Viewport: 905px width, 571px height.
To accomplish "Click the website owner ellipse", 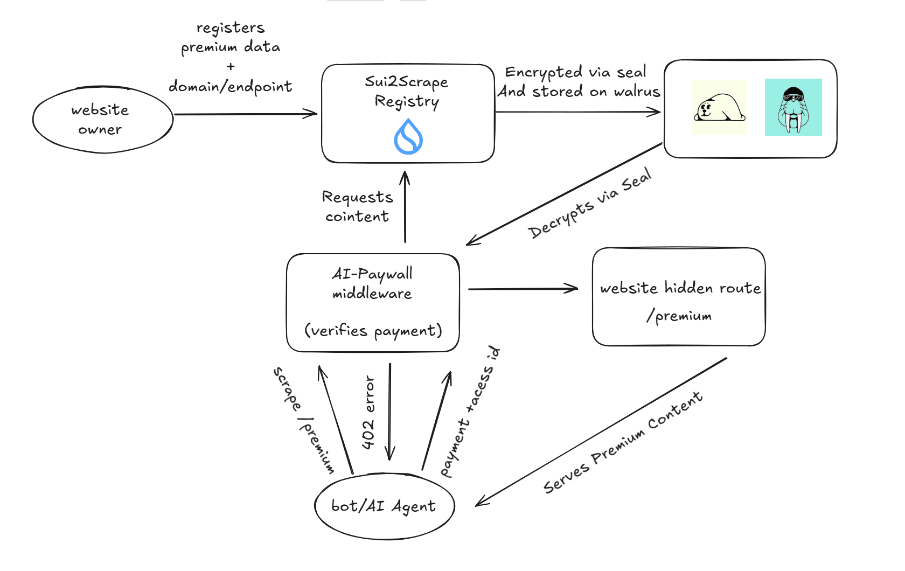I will pyautogui.click(x=102, y=120).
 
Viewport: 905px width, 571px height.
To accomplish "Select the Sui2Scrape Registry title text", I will pyautogui.click(x=407, y=91).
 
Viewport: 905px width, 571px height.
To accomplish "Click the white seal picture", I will pyautogui.click(x=720, y=107).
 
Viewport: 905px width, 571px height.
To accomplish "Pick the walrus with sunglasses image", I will pyautogui.click(x=793, y=107).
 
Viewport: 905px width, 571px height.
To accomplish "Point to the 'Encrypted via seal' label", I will pyautogui.click(x=575, y=72).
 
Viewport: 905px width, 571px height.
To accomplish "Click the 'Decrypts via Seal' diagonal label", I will pyautogui.click(x=590, y=203).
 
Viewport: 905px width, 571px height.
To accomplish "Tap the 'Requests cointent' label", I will pyautogui.click(x=357, y=206).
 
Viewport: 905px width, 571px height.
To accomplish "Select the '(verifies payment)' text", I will pyautogui.click(x=373, y=331).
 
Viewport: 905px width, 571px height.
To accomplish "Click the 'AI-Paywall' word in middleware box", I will pyautogui.click(x=372, y=274).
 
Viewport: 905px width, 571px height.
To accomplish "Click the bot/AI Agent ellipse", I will pyautogui.click(x=385, y=506).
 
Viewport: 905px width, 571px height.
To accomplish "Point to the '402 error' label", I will pyautogui.click(x=368, y=413).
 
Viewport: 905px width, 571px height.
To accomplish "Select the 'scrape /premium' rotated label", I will pyautogui.click(x=303, y=420).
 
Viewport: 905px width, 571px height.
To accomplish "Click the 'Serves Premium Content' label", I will pyautogui.click(x=622, y=443).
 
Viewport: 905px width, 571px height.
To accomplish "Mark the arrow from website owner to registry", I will pyautogui.click(x=245, y=114).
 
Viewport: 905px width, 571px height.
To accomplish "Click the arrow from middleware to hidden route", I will pyautogui.click(x=523, y=289).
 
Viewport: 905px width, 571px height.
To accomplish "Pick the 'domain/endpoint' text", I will pyautogui.click(x=231, y=87).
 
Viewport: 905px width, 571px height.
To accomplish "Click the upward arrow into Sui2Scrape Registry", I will pyautogui.click(x=405, y=207).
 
